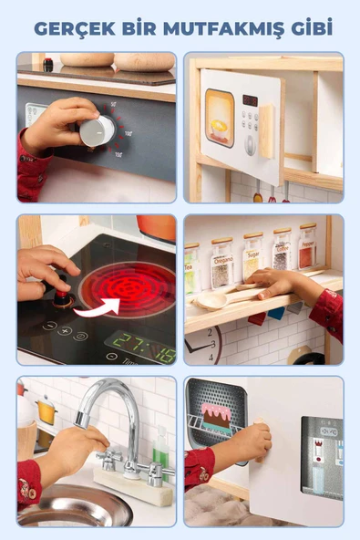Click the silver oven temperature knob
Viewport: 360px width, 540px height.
(96, 130)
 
